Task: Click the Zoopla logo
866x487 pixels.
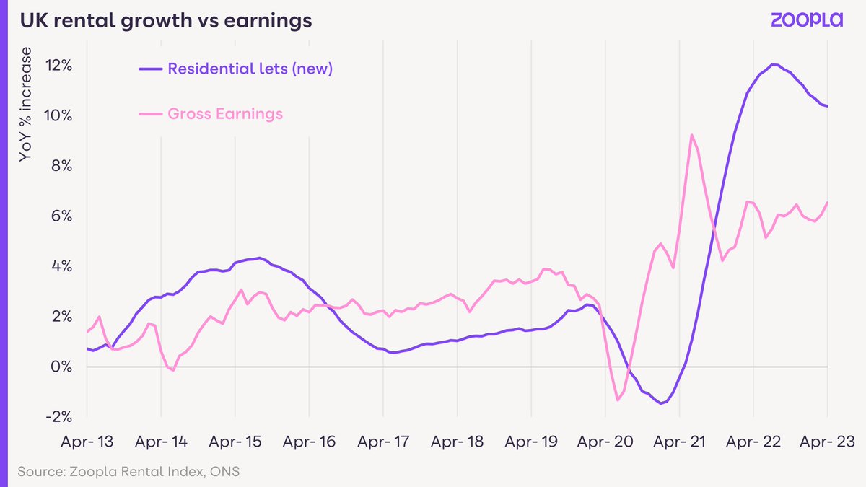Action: (x=806, y=20)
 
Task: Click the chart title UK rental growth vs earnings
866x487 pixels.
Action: (x=165, y=21)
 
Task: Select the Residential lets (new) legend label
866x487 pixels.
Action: (x=250, y=69)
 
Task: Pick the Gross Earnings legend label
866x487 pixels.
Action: (x=224, y=114)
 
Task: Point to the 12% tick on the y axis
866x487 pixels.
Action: (x=58, y=66)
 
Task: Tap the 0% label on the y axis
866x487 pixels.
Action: (x=62, y=367)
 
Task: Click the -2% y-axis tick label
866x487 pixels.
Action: (x=60, y=417)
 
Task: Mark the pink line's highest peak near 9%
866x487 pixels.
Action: (x=691, y=135)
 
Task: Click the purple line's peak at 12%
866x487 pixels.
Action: (x=774, y=65)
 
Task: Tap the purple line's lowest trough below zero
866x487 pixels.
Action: (x=660, y=403)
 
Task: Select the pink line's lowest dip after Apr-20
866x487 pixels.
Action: (x=618, y=400)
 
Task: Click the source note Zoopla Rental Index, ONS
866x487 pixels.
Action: (x=125, y=473)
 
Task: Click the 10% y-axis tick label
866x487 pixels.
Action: (x=58, y=115)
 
